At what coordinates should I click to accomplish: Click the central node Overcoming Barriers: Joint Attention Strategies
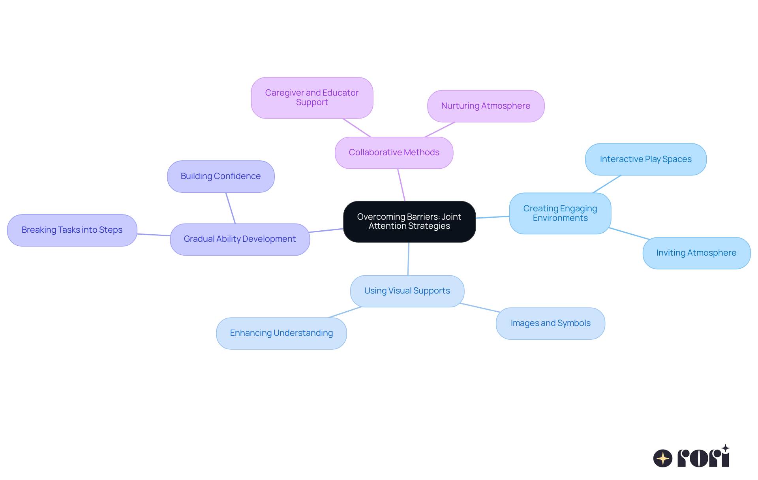[x=409, y=222]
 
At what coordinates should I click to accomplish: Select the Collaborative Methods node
[x=394, y=153]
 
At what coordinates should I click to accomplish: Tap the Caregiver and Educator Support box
[x=312, y=98]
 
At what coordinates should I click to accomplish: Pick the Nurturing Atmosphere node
[x=486, y=106]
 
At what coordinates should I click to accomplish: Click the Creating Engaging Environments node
[x=560, y=213]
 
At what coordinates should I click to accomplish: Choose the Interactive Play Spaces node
[x=645, y=160]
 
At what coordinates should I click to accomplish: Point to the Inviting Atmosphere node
[x=696, y=253]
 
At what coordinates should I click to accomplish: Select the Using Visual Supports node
[x=407, y=291]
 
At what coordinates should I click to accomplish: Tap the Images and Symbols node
[x=550, y=324]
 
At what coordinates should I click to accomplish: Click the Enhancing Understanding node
[x=281, y=333]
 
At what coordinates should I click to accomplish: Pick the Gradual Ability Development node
[x=240, y=239]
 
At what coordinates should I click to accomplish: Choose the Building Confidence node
[x=221, y=177]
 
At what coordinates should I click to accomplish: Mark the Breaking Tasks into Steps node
[x=72, y=230]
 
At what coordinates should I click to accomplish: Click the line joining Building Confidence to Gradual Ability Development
[x=231, y=208]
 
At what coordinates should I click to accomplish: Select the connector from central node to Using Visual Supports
[x=408, y=259]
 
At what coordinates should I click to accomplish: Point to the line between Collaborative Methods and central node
[x=402, y=185]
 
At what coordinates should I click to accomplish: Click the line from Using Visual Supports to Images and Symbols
[x=480, y=308]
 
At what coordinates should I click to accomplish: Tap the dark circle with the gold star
[x=662, y=458]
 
